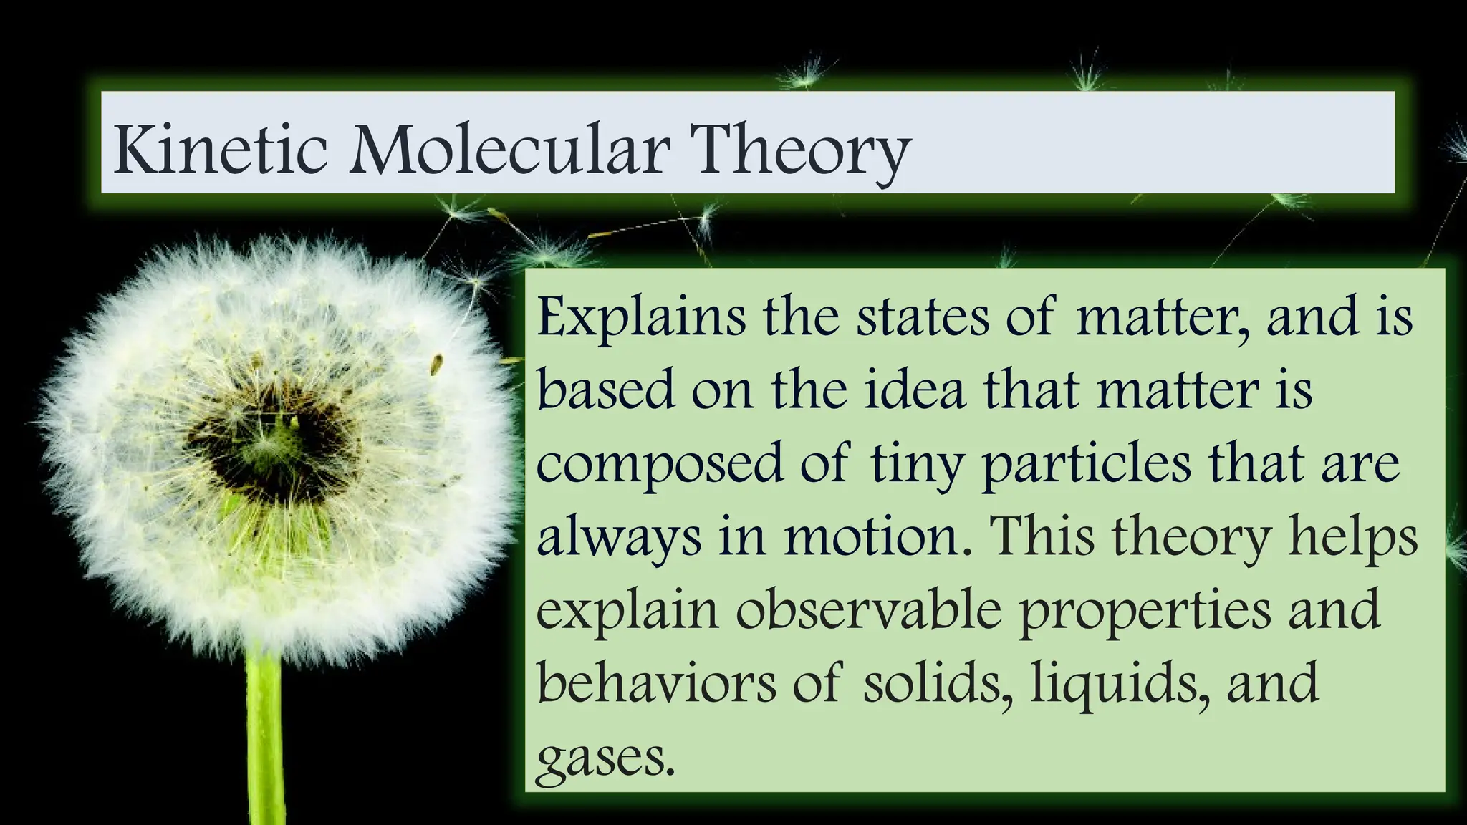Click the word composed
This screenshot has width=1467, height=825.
coord(660,465)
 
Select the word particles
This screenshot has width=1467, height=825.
coord(1086,465)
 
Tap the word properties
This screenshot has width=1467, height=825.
coord(1145,612)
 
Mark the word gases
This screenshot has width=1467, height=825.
coord(605,759)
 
